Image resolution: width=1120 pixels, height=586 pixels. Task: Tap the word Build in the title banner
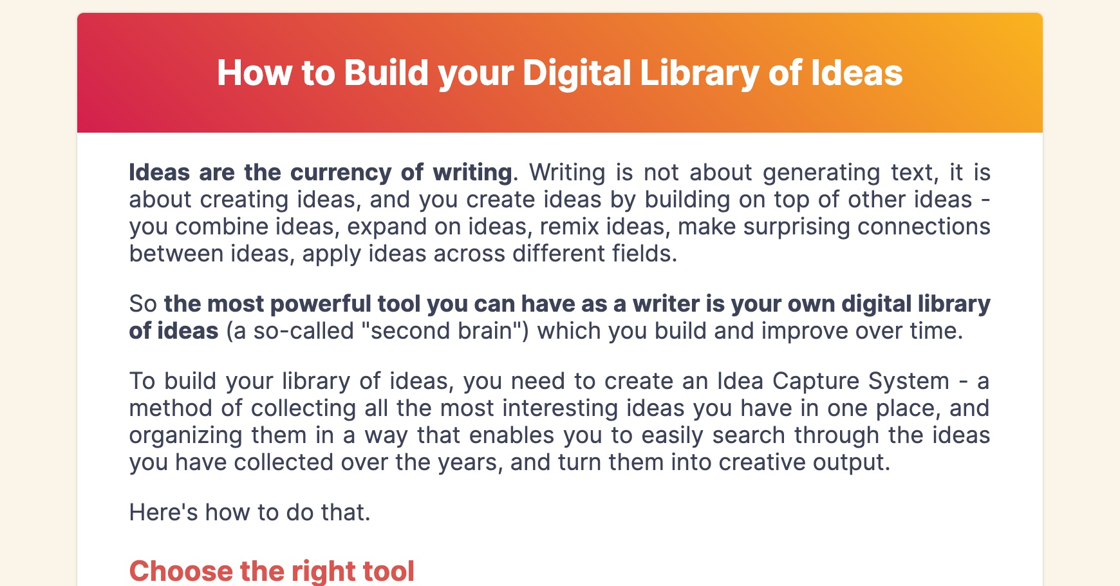pyautogui.click(x=386, y=73)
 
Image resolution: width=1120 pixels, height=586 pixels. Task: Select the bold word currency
pyautogui.click(x=341, y=173)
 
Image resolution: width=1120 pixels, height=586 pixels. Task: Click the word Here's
pyautogui.click(x=163, y=513)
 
